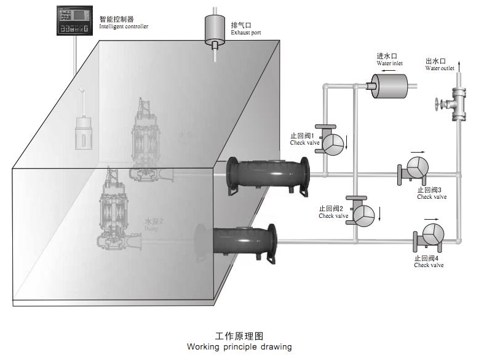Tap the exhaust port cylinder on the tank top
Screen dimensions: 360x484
(215, 28)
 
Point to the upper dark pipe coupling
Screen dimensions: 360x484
(267, 177)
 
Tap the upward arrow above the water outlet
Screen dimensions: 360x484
(458, 63)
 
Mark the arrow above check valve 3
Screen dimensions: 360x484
(418, 151)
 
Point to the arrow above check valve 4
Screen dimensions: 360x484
(430, 218)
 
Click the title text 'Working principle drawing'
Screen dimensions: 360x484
(240, 346)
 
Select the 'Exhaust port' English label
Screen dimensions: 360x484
(246, 32)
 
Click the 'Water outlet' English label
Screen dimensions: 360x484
(440, 68)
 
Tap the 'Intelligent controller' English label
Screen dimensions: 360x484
(124, 26)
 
